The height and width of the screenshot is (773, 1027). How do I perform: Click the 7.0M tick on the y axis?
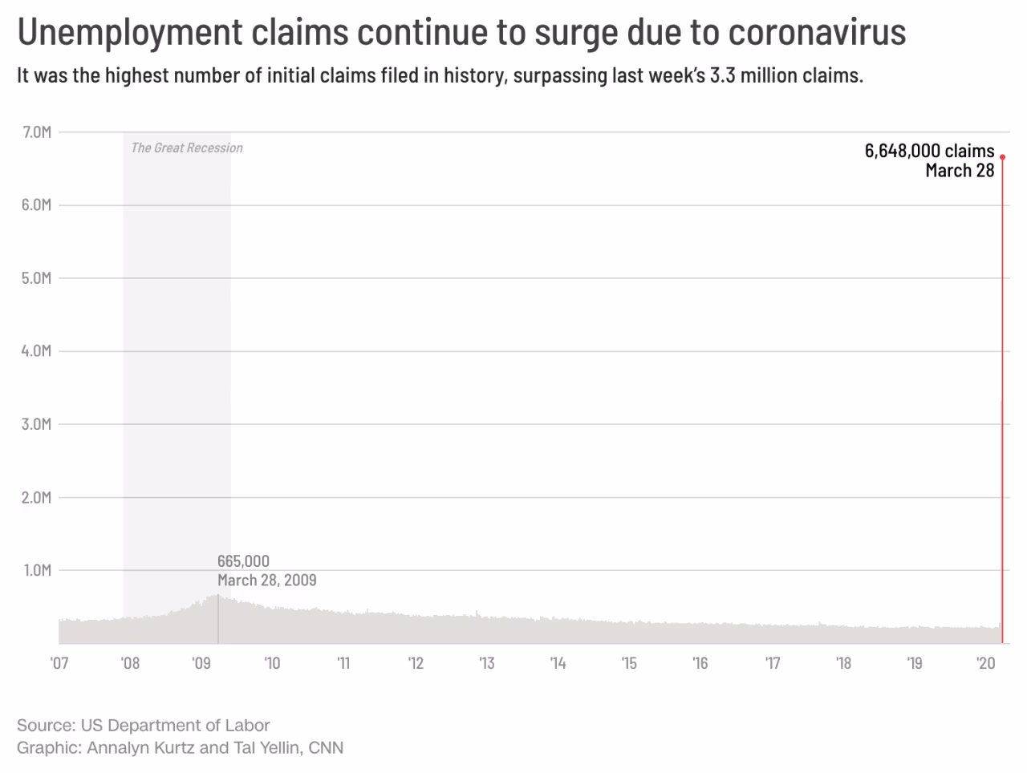coord(36,132)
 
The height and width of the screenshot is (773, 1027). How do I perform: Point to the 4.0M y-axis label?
coord(36,351)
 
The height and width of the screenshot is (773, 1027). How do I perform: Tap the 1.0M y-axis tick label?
coord(36,570)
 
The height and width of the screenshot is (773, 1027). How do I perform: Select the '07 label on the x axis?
coord(59,663)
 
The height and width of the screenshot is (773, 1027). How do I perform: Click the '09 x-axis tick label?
coord(201,663)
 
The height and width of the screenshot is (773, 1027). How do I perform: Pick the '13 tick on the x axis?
coord(486,663)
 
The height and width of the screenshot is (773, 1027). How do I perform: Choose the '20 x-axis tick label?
coord(985,663)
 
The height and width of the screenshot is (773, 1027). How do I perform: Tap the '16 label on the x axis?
coord(700,663)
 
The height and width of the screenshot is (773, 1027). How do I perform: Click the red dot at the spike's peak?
coord(1002,156)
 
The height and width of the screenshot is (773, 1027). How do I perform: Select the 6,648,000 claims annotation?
coord(929,151)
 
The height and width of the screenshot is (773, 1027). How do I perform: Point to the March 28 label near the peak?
coord(960,170)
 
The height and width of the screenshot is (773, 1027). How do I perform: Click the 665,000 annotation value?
coord(243,561)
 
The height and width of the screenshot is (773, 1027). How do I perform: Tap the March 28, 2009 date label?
coord(266,580)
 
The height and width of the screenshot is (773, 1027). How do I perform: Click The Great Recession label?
coord(187,148)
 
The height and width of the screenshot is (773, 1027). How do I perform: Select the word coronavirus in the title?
coord(817,32)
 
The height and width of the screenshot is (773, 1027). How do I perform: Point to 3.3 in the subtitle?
coord(722,76)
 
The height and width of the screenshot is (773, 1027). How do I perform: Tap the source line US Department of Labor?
coord(175,726)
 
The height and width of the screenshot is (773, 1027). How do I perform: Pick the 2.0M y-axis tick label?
coord(36,497)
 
